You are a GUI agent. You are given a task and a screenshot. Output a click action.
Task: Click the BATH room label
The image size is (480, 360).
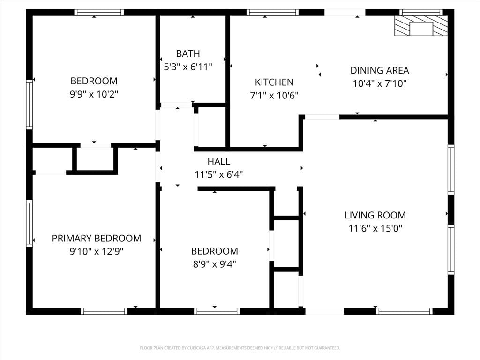188,53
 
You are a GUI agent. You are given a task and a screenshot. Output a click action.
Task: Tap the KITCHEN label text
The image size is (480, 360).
274,82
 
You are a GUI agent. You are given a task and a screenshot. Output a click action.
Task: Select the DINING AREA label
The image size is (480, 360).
380,70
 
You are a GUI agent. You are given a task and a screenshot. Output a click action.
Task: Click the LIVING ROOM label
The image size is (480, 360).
375,215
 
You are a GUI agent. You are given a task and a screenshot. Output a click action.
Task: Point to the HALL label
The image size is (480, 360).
218,161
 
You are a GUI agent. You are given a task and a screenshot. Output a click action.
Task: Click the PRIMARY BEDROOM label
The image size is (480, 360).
97,238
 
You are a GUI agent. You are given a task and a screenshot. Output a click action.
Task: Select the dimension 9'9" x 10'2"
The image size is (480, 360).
94,94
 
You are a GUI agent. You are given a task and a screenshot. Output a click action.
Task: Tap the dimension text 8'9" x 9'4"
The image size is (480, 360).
214,264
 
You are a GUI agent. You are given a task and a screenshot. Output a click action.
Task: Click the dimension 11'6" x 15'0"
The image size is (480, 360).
375,228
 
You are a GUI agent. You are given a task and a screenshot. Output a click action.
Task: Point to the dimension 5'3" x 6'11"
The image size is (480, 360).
188,67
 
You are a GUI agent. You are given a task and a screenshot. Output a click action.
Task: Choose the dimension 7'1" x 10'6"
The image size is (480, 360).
274,96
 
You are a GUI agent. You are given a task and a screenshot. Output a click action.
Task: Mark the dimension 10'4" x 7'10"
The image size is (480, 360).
380,83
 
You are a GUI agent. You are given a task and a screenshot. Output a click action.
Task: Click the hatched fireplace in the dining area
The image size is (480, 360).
421,26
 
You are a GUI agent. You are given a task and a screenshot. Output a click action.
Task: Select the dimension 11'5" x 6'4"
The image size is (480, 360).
218,174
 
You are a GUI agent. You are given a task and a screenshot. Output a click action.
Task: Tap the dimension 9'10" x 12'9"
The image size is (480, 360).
97,251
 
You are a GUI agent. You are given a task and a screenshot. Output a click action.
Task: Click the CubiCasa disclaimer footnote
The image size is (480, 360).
240,348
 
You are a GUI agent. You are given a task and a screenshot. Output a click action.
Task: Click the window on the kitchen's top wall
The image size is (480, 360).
272,12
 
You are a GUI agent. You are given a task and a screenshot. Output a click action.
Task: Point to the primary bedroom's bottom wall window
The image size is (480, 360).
105,311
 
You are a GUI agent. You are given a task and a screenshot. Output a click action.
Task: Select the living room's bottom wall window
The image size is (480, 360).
404,311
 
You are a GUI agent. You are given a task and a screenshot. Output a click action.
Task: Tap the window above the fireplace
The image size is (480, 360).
421,12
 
